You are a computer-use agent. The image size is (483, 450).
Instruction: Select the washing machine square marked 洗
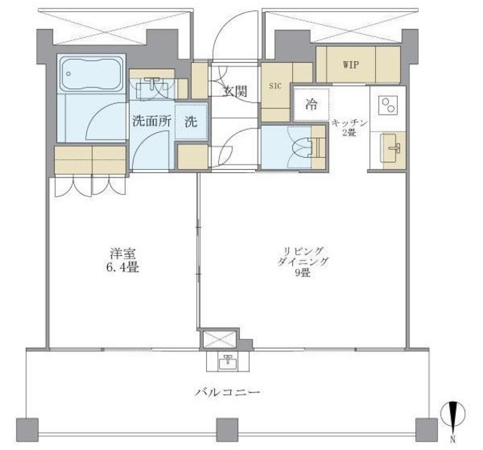[x=191, y=122]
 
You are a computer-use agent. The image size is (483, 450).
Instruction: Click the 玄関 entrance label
[x=235, y=91]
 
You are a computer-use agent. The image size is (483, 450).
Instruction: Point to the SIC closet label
[x=275, y=86]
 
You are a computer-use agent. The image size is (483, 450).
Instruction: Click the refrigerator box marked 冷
[x=310, y=106]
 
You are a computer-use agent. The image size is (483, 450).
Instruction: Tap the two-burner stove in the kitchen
[x=388, y=105]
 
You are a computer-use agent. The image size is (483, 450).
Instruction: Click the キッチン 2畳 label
[x=349, y=127]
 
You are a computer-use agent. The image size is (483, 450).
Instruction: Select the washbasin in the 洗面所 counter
[x=155, y=87]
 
